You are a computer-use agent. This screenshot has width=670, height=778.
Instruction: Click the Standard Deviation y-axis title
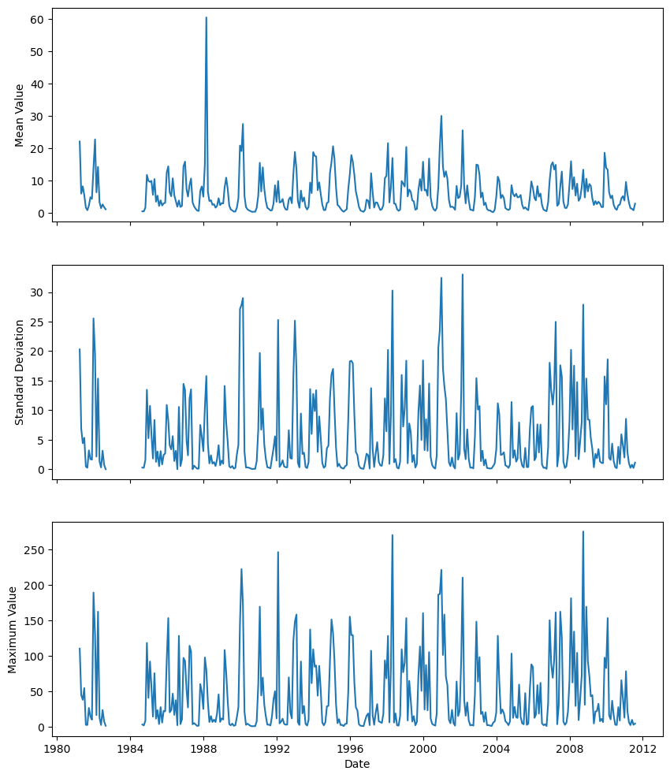click(x=20, y=371)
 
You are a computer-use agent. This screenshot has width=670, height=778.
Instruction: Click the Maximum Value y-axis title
click(x=13, y=628)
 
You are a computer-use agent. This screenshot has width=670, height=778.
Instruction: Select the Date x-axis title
click(x=357, y=764)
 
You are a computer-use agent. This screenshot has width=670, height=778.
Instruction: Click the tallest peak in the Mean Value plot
click(x=207, y=17)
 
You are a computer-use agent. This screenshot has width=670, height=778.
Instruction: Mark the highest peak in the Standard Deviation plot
click(x=463, y=274)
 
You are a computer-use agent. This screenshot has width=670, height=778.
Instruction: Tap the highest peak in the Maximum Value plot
click(x=583, y=531)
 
